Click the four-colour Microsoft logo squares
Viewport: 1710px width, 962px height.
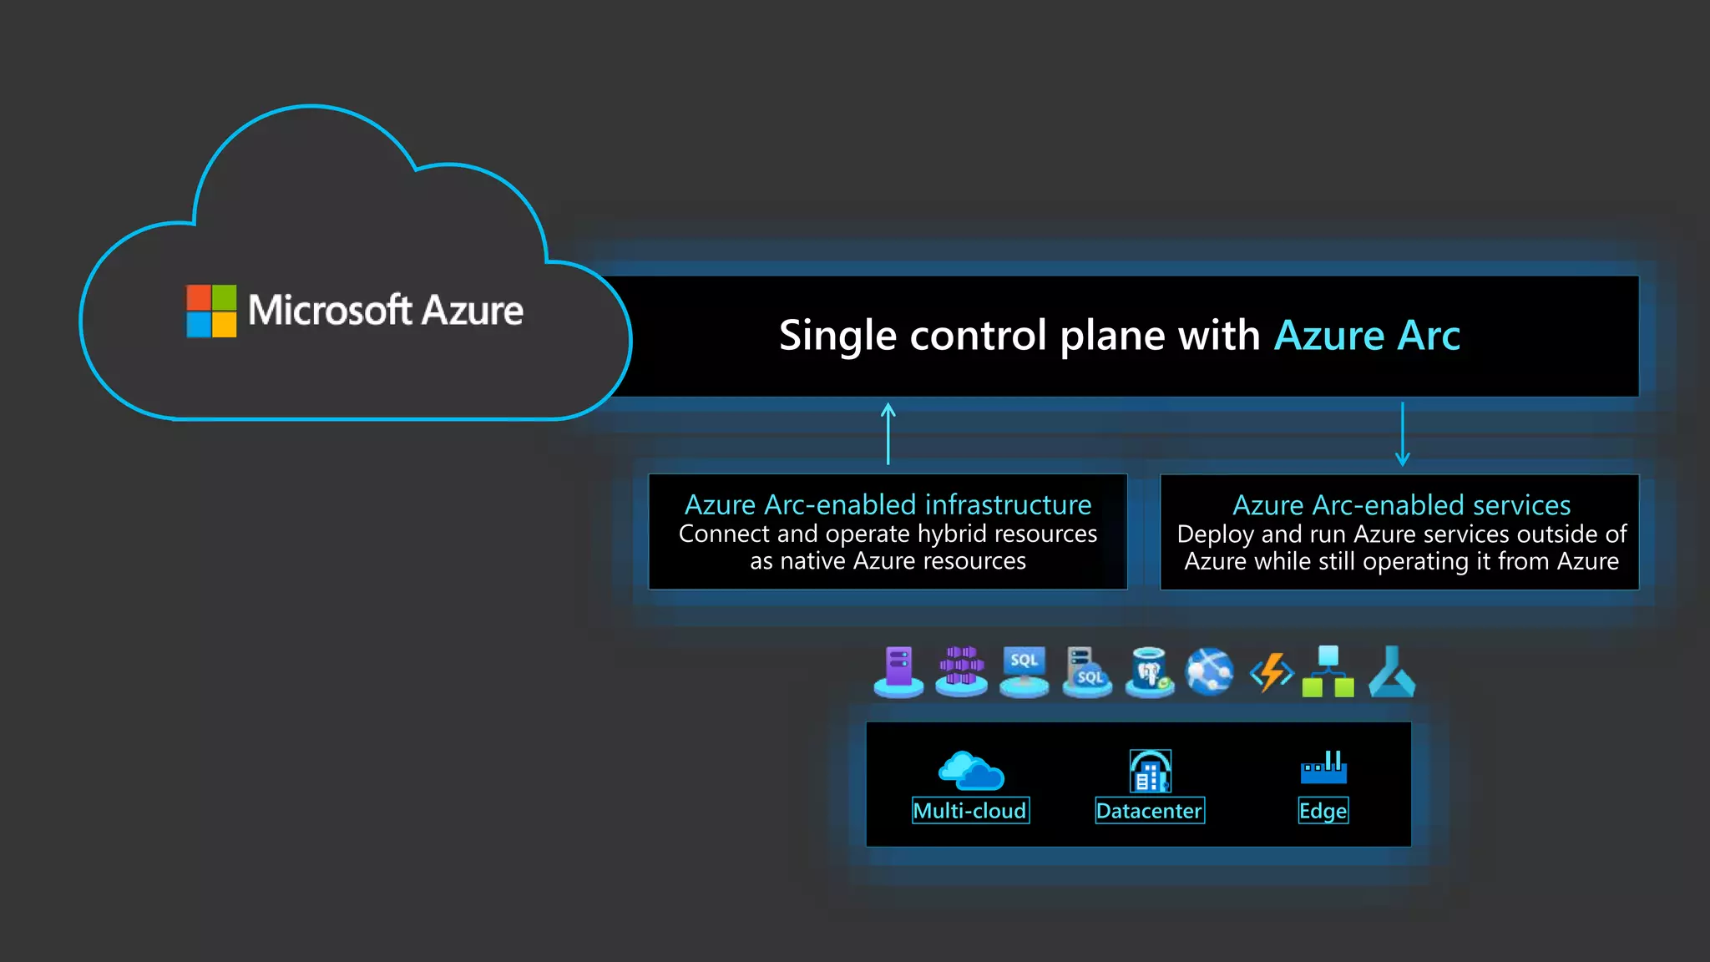pyautogui.click(x=211, y=311)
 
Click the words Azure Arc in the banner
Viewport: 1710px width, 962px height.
pyautogui.click(x=1367, y=336)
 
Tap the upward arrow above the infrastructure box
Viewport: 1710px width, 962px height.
pyautogui.click(x=888, y=433)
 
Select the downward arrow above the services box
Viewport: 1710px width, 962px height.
pyautogui.click(x=1403, y=433)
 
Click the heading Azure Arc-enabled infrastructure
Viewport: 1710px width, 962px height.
pyautogui.click(x=888, y=504)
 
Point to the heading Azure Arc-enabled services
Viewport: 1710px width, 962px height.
pyautogui.click(x=1401, y=505)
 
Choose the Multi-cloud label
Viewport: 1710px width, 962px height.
pyautogui.click(x=970, y=811)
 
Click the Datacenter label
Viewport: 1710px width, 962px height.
pyautogui.click(x=1149, y=811)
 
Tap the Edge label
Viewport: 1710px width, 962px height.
pyautogui.click(x=1323, y=811)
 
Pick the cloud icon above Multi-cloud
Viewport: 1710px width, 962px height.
pyautogui.click(x=971, y=770)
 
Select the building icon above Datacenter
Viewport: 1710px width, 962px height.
pyautogui.click(x=1150, y=770)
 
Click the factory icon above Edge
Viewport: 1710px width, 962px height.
pyautogui.click(x=1323, y=767)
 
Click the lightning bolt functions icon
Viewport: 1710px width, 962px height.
pyautogui.click(x=1271, y=672)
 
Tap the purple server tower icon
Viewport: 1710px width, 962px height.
pyautogui.click(x=898, y=671)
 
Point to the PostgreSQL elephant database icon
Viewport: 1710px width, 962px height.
pyautogui.click(x=1149, y=671)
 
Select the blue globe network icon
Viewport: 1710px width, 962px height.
pyautogui.click(x=1210, y=671)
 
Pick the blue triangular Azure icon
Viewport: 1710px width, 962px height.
pyautogui.click(x=1391, y=672)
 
